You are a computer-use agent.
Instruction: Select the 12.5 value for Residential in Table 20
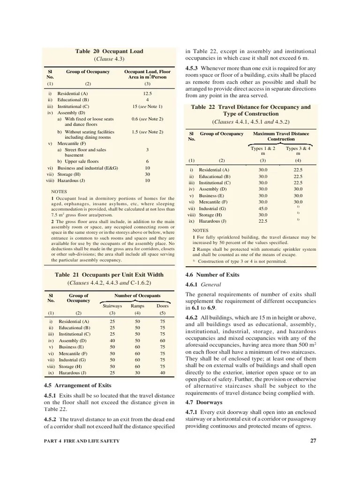coord(147,93)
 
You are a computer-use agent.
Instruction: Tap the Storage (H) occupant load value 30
coord(147,173)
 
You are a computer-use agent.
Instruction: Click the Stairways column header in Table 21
coord(112,306)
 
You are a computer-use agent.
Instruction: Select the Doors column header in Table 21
coord(162,306)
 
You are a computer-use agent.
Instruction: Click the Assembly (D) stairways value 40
coord(112,341)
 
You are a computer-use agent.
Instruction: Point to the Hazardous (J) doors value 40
coord(162,373)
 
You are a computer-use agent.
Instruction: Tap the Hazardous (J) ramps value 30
coord(137,373)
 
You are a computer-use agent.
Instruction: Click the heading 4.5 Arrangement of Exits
coord(77,385)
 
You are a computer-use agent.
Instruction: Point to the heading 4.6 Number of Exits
coord(212,275)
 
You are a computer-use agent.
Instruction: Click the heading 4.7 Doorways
coord(204,402)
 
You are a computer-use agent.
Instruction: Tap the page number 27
coord(313,440)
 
